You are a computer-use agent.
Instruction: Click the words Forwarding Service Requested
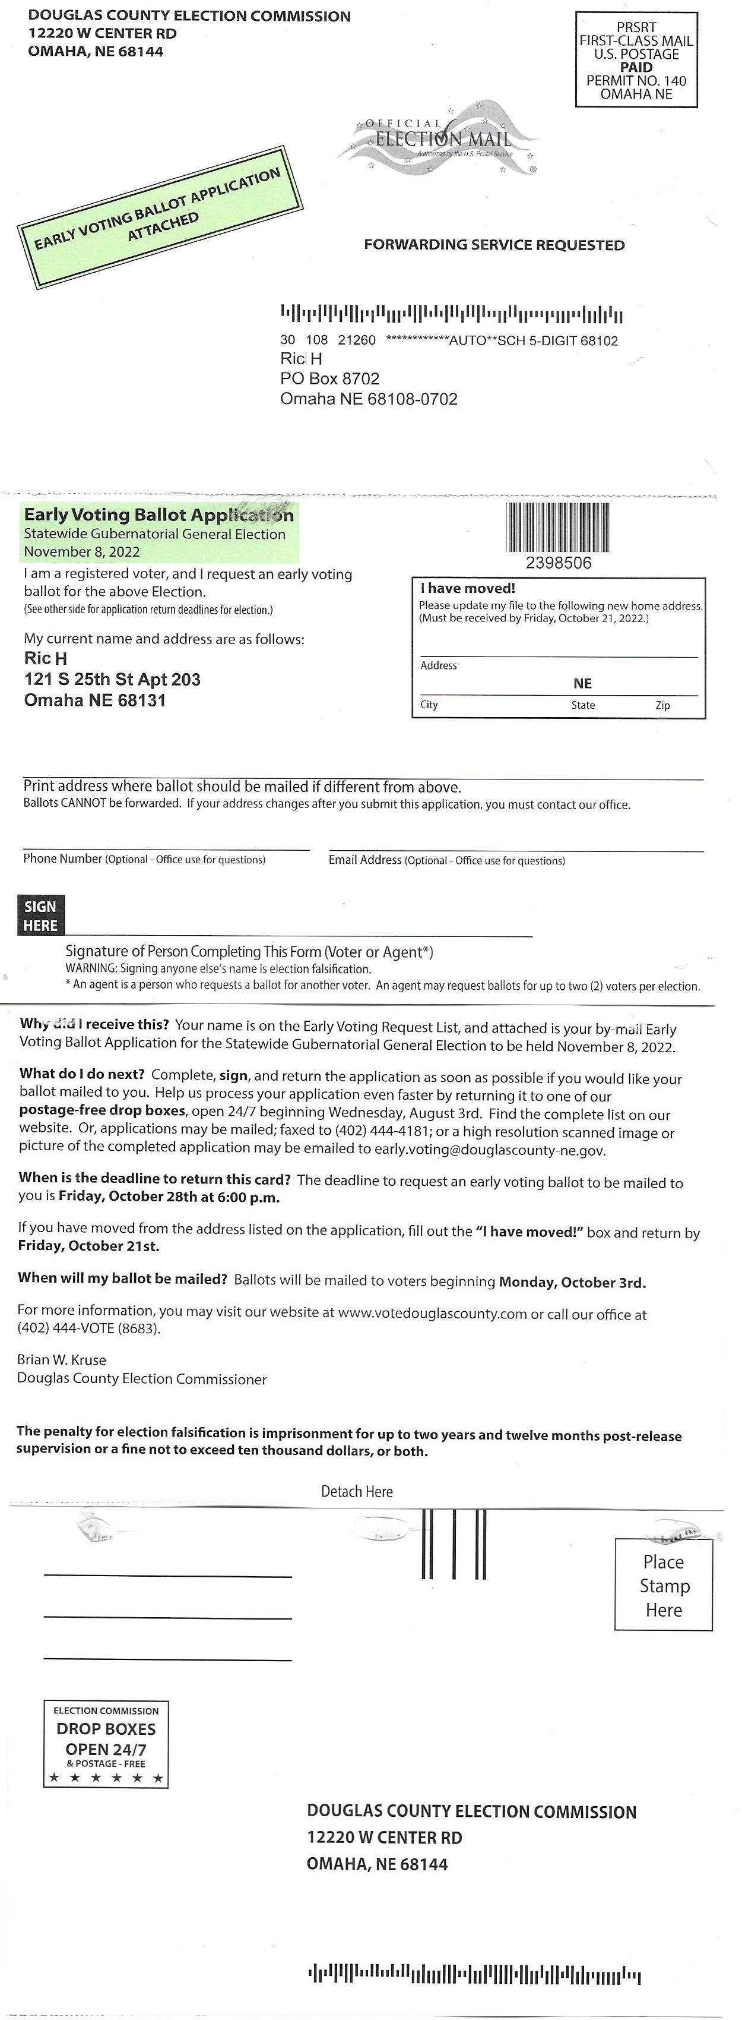point(494,245)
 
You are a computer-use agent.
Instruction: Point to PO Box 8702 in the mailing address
point(330,379)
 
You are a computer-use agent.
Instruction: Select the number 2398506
point(558,563)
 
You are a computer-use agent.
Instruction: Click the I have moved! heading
point(467,588)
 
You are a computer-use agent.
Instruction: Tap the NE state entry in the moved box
point(582,684)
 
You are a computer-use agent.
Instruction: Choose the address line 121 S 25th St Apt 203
point(112,679)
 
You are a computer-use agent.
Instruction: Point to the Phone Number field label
point(63,858)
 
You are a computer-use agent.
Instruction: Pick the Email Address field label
point(364,860)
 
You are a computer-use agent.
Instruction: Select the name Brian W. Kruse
point(62,1360)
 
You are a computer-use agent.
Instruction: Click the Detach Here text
point(357,1491)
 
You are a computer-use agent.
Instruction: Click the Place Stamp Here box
point(663,1586)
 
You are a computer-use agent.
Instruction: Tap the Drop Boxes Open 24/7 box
point(106,1743)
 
